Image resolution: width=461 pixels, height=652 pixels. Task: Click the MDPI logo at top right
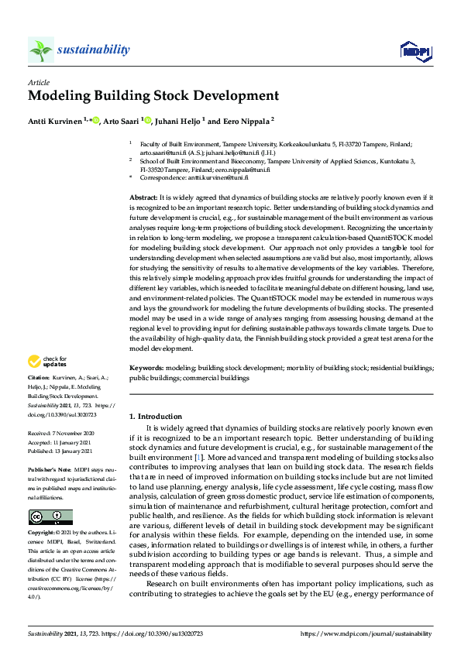pos(415,51)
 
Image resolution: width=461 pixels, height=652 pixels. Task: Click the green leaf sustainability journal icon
pos(40,50)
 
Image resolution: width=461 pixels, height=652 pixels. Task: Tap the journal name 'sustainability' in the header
pos(93,50)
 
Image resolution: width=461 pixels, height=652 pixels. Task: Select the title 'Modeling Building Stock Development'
pos(153,97)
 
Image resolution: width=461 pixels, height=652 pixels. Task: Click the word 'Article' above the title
pos(38,81)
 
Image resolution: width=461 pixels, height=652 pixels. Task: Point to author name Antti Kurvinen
pos(56,120)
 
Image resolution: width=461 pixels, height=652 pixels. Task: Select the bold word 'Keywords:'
pos(146,369)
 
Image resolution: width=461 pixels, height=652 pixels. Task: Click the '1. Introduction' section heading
pos(155,417)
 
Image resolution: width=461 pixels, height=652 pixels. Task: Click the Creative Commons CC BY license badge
pos(40,517)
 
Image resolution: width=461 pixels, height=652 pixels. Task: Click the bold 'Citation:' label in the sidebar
pos(40,379)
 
